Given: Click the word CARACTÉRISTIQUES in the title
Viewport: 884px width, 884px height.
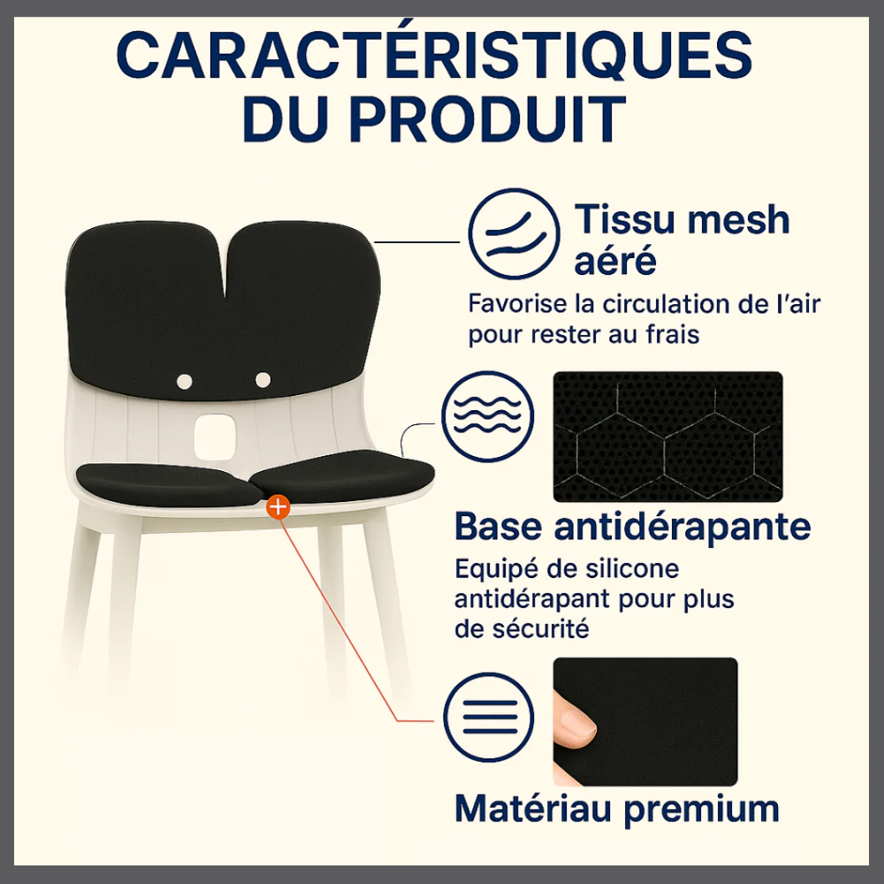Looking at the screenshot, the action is click(434, 55).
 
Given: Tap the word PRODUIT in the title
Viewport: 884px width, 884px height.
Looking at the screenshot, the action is click(488, 119).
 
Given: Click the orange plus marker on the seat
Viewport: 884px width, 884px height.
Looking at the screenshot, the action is click(278, 507).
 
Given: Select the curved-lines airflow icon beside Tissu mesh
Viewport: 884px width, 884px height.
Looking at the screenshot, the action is click(514, 233).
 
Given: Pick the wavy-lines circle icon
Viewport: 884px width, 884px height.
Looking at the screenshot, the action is click(488, 416).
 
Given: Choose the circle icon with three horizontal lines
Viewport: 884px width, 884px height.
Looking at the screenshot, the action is click(488, 717).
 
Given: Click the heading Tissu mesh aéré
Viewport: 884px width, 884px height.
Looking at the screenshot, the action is click(682, 240).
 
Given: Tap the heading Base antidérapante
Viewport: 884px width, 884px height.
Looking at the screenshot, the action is click(633, 527).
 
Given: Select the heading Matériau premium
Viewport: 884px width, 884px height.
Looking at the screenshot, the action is click(617, 810).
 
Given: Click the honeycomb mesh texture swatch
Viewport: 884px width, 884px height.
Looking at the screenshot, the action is click(667, 437).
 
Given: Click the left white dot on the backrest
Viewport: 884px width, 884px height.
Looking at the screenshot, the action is click(185, 382).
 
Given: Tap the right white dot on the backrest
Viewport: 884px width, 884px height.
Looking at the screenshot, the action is click(263, 380).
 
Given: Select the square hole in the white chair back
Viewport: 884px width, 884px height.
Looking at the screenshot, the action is click(214, 437).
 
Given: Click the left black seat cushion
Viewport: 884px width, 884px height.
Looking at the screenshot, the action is click(167, 484).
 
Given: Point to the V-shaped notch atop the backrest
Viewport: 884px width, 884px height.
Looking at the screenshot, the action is click(225, 265).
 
